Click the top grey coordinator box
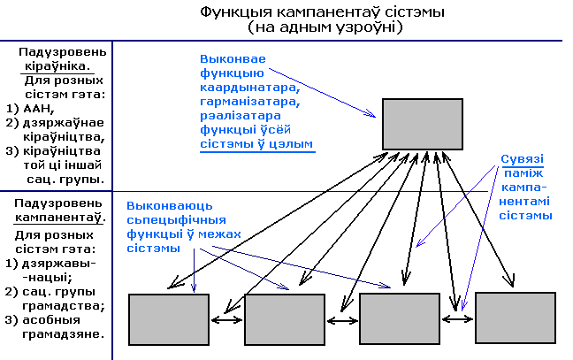pos(423,123)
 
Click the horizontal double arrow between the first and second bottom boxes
pos(226,320)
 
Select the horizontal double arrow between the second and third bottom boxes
pos(341,320)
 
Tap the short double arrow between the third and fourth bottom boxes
pos(457,314)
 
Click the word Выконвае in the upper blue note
pos(229,58)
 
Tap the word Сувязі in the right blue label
pos(522,159)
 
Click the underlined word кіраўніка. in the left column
pos(66,65)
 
